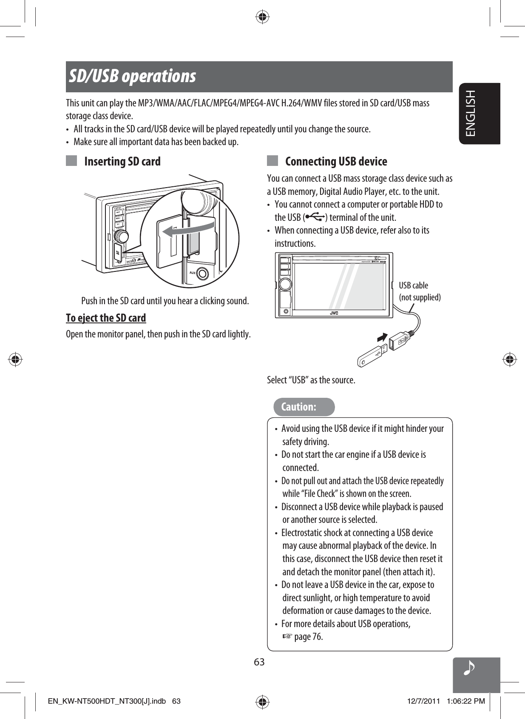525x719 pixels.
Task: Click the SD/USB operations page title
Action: pos(133,77)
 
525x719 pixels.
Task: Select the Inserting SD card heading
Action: pos(122,162)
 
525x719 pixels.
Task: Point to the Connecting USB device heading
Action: pos(336,162)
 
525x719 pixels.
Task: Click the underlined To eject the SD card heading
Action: pos(106,318)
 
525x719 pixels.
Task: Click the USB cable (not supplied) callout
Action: pos(420,291)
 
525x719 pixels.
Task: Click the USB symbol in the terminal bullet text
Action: pos(315,218)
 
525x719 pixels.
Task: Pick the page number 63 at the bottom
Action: pos(259,662)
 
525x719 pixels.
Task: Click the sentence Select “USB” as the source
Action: pos(311,380)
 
